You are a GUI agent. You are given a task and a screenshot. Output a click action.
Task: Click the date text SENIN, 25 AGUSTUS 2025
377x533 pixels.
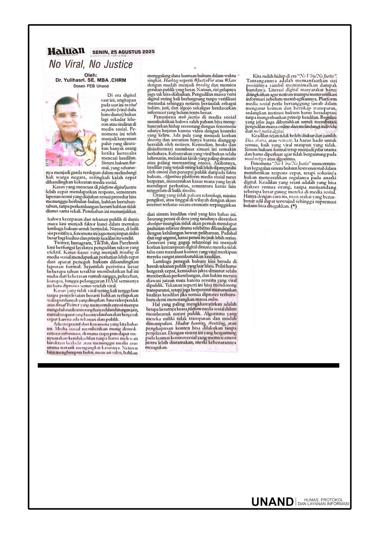coord(123,52)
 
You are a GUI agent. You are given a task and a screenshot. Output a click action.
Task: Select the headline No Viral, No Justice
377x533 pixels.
coord(91,64)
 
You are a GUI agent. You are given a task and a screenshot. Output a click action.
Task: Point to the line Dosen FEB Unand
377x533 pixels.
coord(91,86)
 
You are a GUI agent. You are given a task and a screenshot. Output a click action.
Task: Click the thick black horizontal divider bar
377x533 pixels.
coord(188,365)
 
